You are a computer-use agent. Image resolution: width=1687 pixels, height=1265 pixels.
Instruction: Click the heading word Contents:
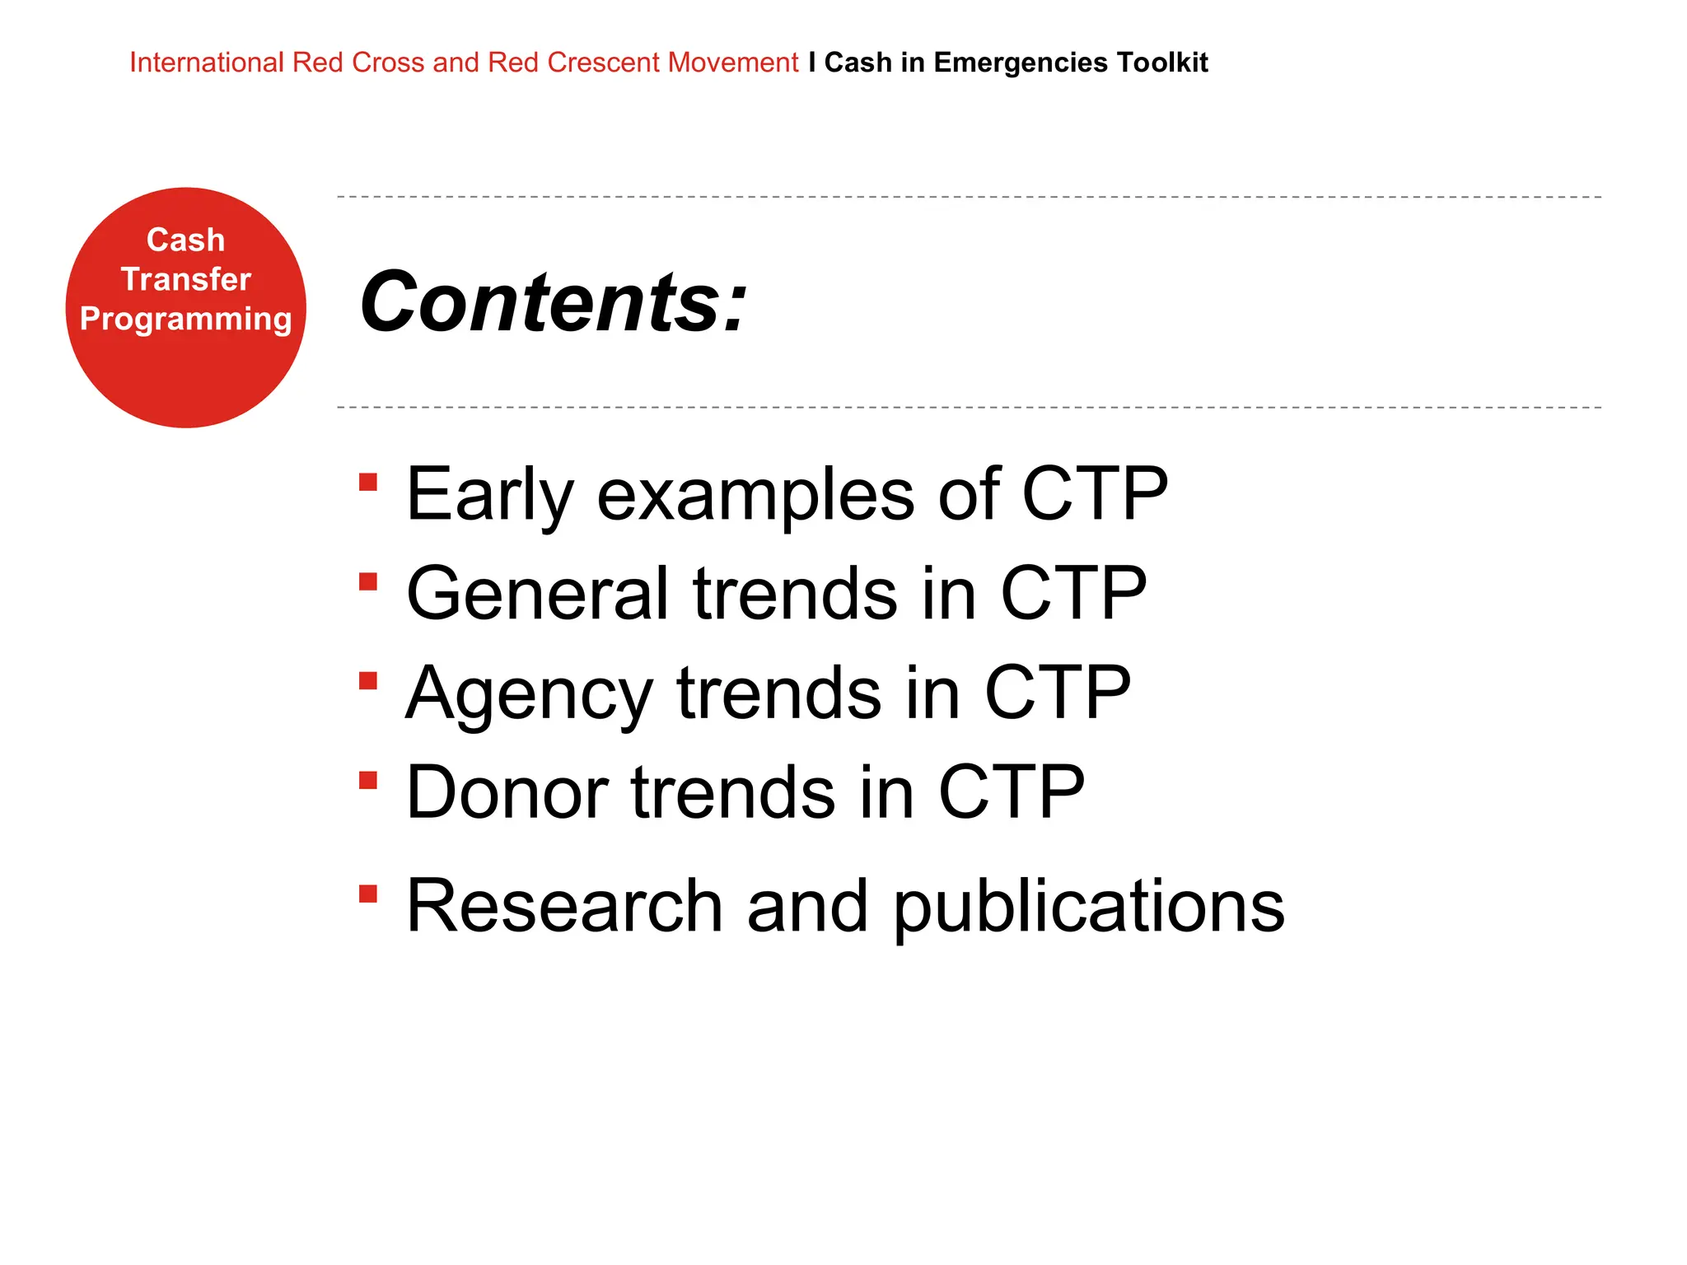click(554, 303)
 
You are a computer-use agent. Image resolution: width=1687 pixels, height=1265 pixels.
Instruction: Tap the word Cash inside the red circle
click(185, 240)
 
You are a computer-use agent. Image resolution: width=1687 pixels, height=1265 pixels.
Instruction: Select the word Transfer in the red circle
click(185, 279)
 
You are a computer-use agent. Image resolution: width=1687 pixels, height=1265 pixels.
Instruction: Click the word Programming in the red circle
click(185, 319)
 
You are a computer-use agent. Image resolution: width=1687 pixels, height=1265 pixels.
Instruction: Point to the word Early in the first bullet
click(489, 494)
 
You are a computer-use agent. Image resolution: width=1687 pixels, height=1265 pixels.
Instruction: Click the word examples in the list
click(755, 496)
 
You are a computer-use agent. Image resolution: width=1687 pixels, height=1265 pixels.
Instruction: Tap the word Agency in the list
click(529, 694)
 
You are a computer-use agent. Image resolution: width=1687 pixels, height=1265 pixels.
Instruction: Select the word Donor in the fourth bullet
click(507, 792)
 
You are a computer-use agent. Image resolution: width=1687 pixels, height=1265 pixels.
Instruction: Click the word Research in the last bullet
click(564, 906)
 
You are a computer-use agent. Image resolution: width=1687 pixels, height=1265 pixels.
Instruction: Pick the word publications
click(1088, 908)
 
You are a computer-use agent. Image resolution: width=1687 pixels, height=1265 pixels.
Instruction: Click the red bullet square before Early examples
click(368, 482)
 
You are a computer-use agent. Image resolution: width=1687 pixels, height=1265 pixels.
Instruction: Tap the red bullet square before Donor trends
click(368, 780)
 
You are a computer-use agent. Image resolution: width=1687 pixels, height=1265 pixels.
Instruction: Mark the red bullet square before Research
click(368, 894)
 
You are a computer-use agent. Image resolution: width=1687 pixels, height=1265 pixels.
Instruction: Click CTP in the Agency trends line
click(1057, 693)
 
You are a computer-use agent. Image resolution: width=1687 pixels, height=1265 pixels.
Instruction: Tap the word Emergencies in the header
click(1020, 63)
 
